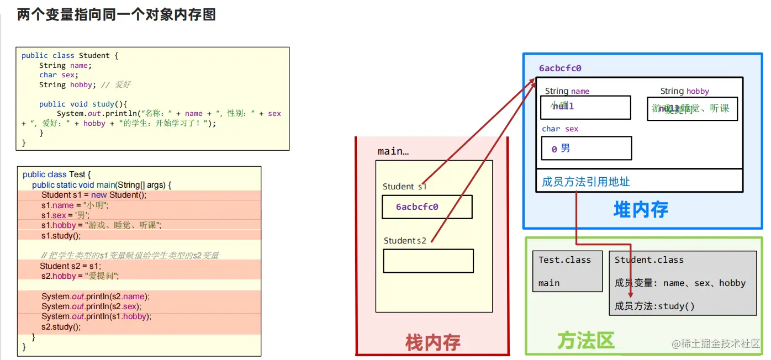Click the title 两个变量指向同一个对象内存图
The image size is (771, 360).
point(116,15)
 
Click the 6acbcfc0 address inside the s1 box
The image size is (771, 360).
point(417,207)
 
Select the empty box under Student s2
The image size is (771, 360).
point(428,261)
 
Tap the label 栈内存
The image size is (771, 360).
point(432,342)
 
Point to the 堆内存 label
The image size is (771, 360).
point(641,209)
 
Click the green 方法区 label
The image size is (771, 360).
point(585,340)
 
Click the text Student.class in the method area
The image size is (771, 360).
point(649,260)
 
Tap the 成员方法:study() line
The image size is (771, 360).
point(654,306)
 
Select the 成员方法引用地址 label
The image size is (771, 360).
point(586,182)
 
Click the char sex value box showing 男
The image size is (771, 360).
point(586,149)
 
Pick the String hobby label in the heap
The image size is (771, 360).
point(684,91)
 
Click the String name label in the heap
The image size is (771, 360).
point(567,91)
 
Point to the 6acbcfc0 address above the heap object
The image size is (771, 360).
point(560,68)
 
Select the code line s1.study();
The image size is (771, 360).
point(61,235)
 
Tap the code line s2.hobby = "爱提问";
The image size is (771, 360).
point(80,276)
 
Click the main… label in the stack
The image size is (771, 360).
point(393,151)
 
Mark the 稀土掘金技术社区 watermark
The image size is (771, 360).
point(716,343)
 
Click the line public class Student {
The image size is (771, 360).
point(70,55)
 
